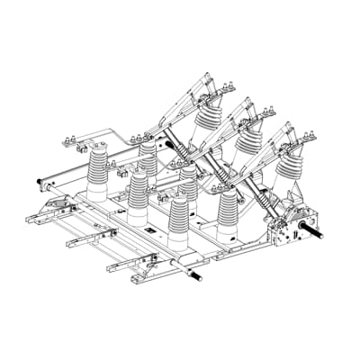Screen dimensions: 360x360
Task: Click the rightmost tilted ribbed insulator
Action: (x=290, y=166)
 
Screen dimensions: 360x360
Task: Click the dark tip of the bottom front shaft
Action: (x=197, y=275)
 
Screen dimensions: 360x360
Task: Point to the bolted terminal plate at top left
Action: (x=81, y=141)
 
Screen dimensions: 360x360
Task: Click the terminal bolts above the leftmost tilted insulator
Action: (x=224, y=87)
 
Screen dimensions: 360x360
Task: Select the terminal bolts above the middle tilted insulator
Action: (x=265, y=112)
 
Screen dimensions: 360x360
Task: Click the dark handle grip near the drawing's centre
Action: (x=168, y=143)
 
